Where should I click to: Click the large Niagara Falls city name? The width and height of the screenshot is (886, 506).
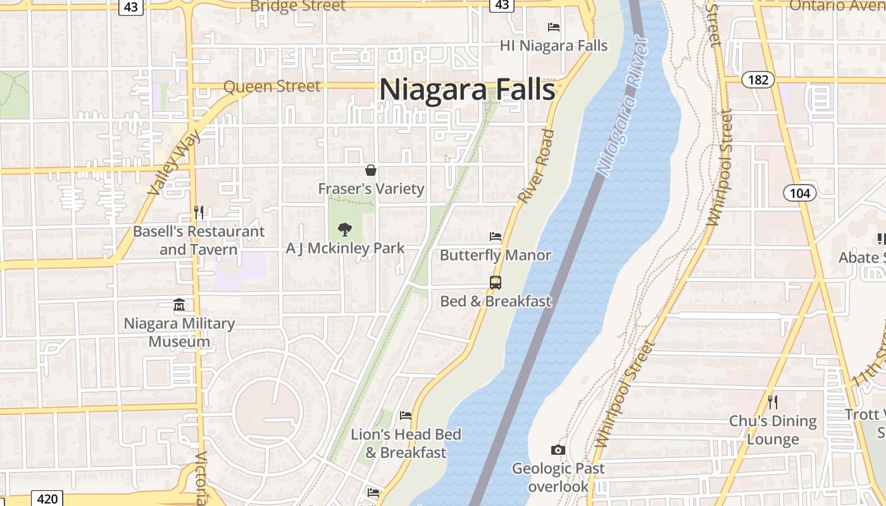tap(467, 89)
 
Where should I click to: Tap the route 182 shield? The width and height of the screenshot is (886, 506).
tap(758, 80)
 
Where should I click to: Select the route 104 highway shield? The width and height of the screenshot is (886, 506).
tap(799, 193)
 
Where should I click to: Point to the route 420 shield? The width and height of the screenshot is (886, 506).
tap(47, 498)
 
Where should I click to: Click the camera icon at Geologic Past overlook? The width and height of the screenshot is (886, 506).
tap(558, 450)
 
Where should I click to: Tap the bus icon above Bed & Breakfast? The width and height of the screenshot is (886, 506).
tap(496, 283)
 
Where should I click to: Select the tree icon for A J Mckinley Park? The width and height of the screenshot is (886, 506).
tap(345, 229)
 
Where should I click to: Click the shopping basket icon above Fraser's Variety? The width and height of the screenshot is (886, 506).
tap(371, 170)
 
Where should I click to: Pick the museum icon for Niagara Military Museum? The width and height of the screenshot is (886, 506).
tap(179, 305)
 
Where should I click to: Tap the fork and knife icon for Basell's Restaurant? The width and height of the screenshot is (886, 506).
tap(199, 212)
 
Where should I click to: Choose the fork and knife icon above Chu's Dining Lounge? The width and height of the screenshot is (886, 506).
tap(772, 402)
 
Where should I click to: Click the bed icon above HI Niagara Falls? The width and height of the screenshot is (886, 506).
tap(553, 27)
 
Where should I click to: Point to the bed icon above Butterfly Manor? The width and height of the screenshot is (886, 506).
tap(496, 237)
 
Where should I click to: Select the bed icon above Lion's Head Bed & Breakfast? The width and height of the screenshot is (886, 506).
tap(406, 416)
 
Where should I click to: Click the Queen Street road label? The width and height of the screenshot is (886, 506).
tap(272, 87)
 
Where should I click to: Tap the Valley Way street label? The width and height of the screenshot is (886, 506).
tap(173, 163)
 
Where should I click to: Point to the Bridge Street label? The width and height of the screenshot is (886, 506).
tap(298, 6)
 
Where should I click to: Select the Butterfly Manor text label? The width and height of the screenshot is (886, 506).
tap(496, 256)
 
